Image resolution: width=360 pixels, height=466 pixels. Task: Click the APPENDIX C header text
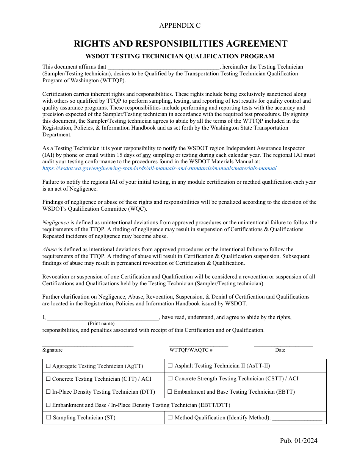click(180, 25)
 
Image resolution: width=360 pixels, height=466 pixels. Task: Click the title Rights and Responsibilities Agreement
click(180, 44)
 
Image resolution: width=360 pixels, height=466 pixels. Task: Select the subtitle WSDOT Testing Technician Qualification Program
click(180, 56)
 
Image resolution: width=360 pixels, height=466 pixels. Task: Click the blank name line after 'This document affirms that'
click(163, 67)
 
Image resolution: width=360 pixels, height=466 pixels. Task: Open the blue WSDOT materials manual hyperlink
click(159, 169)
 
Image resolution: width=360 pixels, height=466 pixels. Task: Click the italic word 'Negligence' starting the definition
click(55, 222)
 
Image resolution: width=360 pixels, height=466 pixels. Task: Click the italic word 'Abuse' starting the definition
click(50, 249)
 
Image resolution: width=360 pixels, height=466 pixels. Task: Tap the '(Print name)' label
click(101, 324)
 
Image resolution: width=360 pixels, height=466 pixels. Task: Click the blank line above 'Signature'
click(88, 345)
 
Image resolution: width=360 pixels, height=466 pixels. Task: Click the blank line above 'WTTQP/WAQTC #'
click(199, 345)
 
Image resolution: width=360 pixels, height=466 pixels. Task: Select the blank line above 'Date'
click(283, 345)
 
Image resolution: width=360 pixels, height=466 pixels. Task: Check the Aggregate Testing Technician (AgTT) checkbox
click(48, 366)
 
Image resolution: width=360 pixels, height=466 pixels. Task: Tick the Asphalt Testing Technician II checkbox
click(170, 366)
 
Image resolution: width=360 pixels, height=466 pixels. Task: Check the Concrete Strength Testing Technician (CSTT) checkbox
click(170, 378)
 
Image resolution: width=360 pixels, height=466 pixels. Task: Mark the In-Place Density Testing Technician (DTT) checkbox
click(48, 392)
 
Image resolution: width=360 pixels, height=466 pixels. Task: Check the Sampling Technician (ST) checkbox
click(48, 418)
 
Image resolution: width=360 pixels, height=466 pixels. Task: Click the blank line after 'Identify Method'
click(297, 418)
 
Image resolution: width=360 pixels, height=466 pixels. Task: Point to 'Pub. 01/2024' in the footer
click(299, 440)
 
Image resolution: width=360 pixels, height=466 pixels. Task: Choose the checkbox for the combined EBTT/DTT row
click(48, 405)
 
